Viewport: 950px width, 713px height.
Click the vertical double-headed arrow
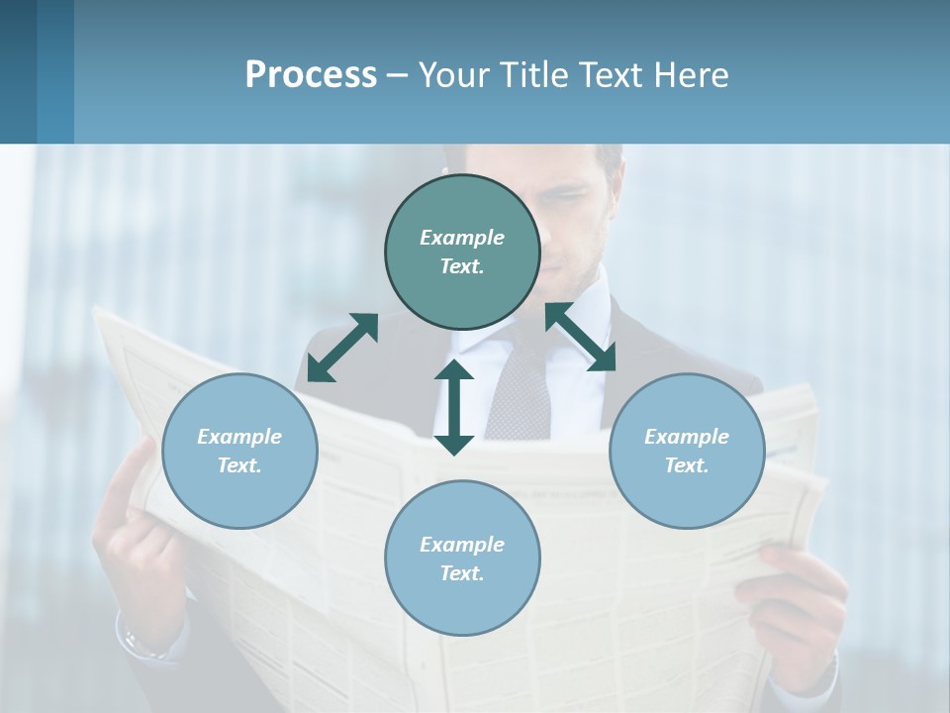point(454,407)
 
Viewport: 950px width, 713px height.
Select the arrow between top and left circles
point(342,347)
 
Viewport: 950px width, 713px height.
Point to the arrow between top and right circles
point(581,337)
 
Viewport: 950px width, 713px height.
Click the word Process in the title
point(311,74)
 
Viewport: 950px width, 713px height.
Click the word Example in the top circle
point(462,238)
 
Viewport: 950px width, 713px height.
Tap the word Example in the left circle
point(239,437)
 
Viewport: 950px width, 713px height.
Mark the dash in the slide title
point(397,76)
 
